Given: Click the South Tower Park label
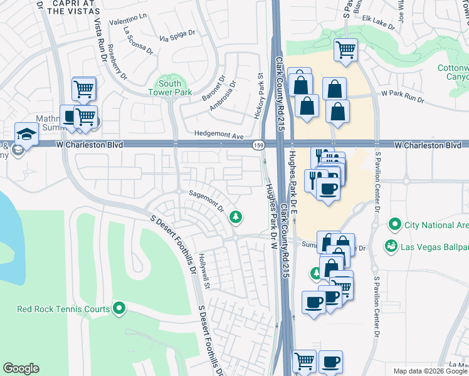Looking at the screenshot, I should pos(169,88).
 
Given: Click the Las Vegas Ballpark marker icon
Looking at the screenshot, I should pos(391,246).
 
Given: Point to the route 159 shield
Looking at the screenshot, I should pos(258,145).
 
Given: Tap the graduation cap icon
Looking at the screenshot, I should pos(26,134).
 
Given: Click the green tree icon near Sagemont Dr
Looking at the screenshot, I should pos(236,217).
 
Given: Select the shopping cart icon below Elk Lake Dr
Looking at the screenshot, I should pos(345,49).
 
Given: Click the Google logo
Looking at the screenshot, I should pos(21,368).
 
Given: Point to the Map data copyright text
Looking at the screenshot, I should pos(430,371).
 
